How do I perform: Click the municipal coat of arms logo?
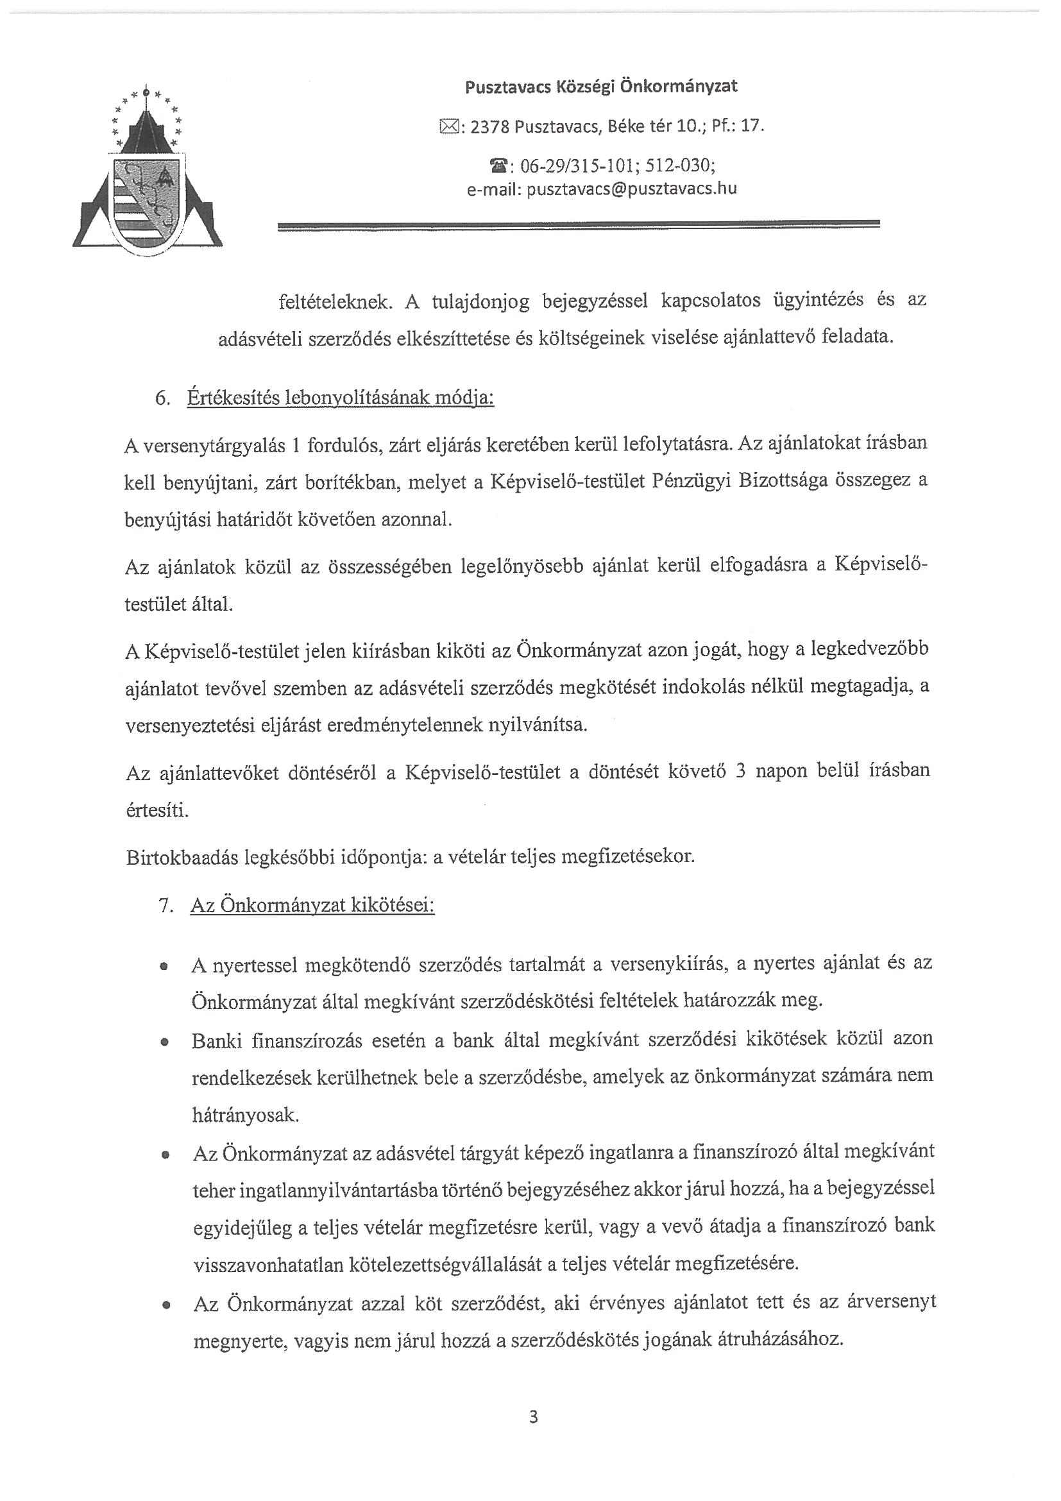(x=147, y=173)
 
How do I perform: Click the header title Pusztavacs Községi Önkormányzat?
(x=601, y=87)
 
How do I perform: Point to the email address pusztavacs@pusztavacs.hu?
(x=631, y=190)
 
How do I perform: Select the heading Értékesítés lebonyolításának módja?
(x=341, y=398)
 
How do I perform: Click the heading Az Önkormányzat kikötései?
(x=312, y=906)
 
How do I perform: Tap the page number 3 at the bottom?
(x=534, y=1416)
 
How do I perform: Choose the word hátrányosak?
(x=245, y=1115)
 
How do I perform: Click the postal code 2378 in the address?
(x=489, y=127)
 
